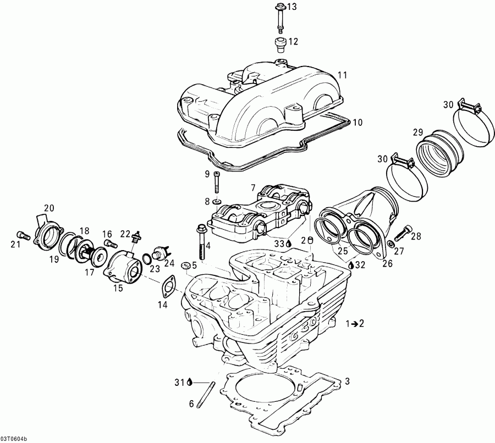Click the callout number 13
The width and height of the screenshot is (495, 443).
click(291, 7)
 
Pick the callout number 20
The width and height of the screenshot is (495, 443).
click(50, 208)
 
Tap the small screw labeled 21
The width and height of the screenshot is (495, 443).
click(21, 232)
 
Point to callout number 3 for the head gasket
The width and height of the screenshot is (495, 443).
click(346, 381)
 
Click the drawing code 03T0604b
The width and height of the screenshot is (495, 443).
click(16, 438)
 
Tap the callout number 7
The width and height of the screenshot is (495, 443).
click(253, 188)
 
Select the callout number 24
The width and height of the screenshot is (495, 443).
click(169, 262)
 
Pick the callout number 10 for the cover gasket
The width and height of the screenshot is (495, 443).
click(358, 122)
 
